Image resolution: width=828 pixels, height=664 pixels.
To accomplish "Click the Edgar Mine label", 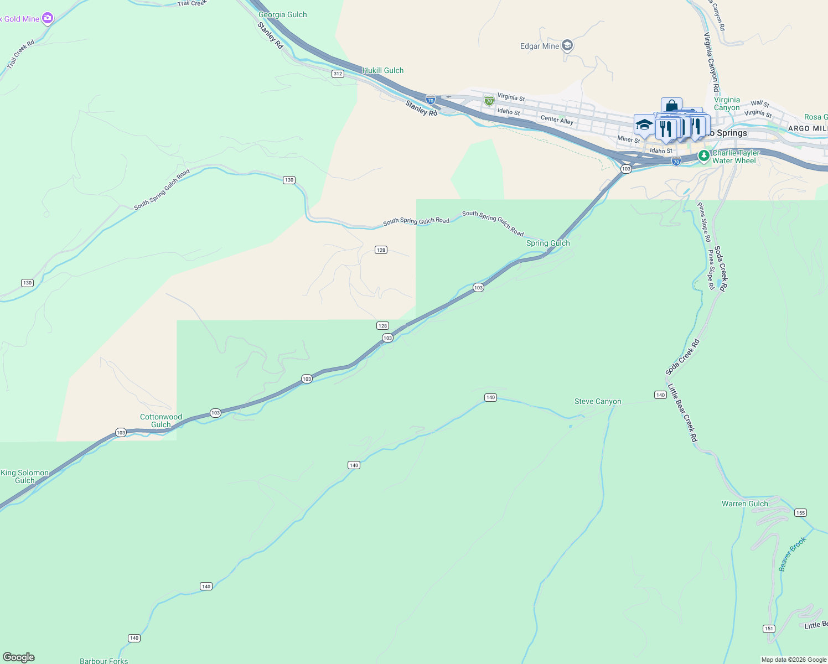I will [540, 46].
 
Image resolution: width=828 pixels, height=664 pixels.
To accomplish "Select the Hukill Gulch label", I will [383, 70].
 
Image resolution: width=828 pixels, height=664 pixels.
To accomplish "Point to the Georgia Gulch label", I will [282, 15].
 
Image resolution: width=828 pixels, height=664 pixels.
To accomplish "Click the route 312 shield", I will [338, 74].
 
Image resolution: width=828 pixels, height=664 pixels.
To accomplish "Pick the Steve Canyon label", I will [598, 402].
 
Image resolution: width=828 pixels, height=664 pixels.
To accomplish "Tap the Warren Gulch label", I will [745, 504].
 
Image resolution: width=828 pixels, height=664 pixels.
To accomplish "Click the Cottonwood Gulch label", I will [161, 421].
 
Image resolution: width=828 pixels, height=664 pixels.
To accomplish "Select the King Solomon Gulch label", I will [25, 476].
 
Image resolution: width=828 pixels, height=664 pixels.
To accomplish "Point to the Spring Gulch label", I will [548, 243].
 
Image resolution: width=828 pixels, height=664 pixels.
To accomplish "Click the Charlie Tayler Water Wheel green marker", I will [704, 156].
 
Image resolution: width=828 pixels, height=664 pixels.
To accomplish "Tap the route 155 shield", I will [800, 512].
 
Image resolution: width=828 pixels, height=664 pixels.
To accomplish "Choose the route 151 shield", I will [769, 629].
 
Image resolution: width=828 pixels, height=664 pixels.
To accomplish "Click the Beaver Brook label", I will [793, 554].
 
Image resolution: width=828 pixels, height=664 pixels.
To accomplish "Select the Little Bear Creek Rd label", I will [682, 413].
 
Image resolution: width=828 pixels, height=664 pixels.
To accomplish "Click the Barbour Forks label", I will [103, 661].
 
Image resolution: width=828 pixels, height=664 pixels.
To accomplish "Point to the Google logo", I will [18, 657].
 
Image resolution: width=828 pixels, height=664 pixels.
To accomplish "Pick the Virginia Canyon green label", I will [727, 104].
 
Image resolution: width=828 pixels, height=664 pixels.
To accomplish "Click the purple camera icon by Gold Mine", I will [48, 18].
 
